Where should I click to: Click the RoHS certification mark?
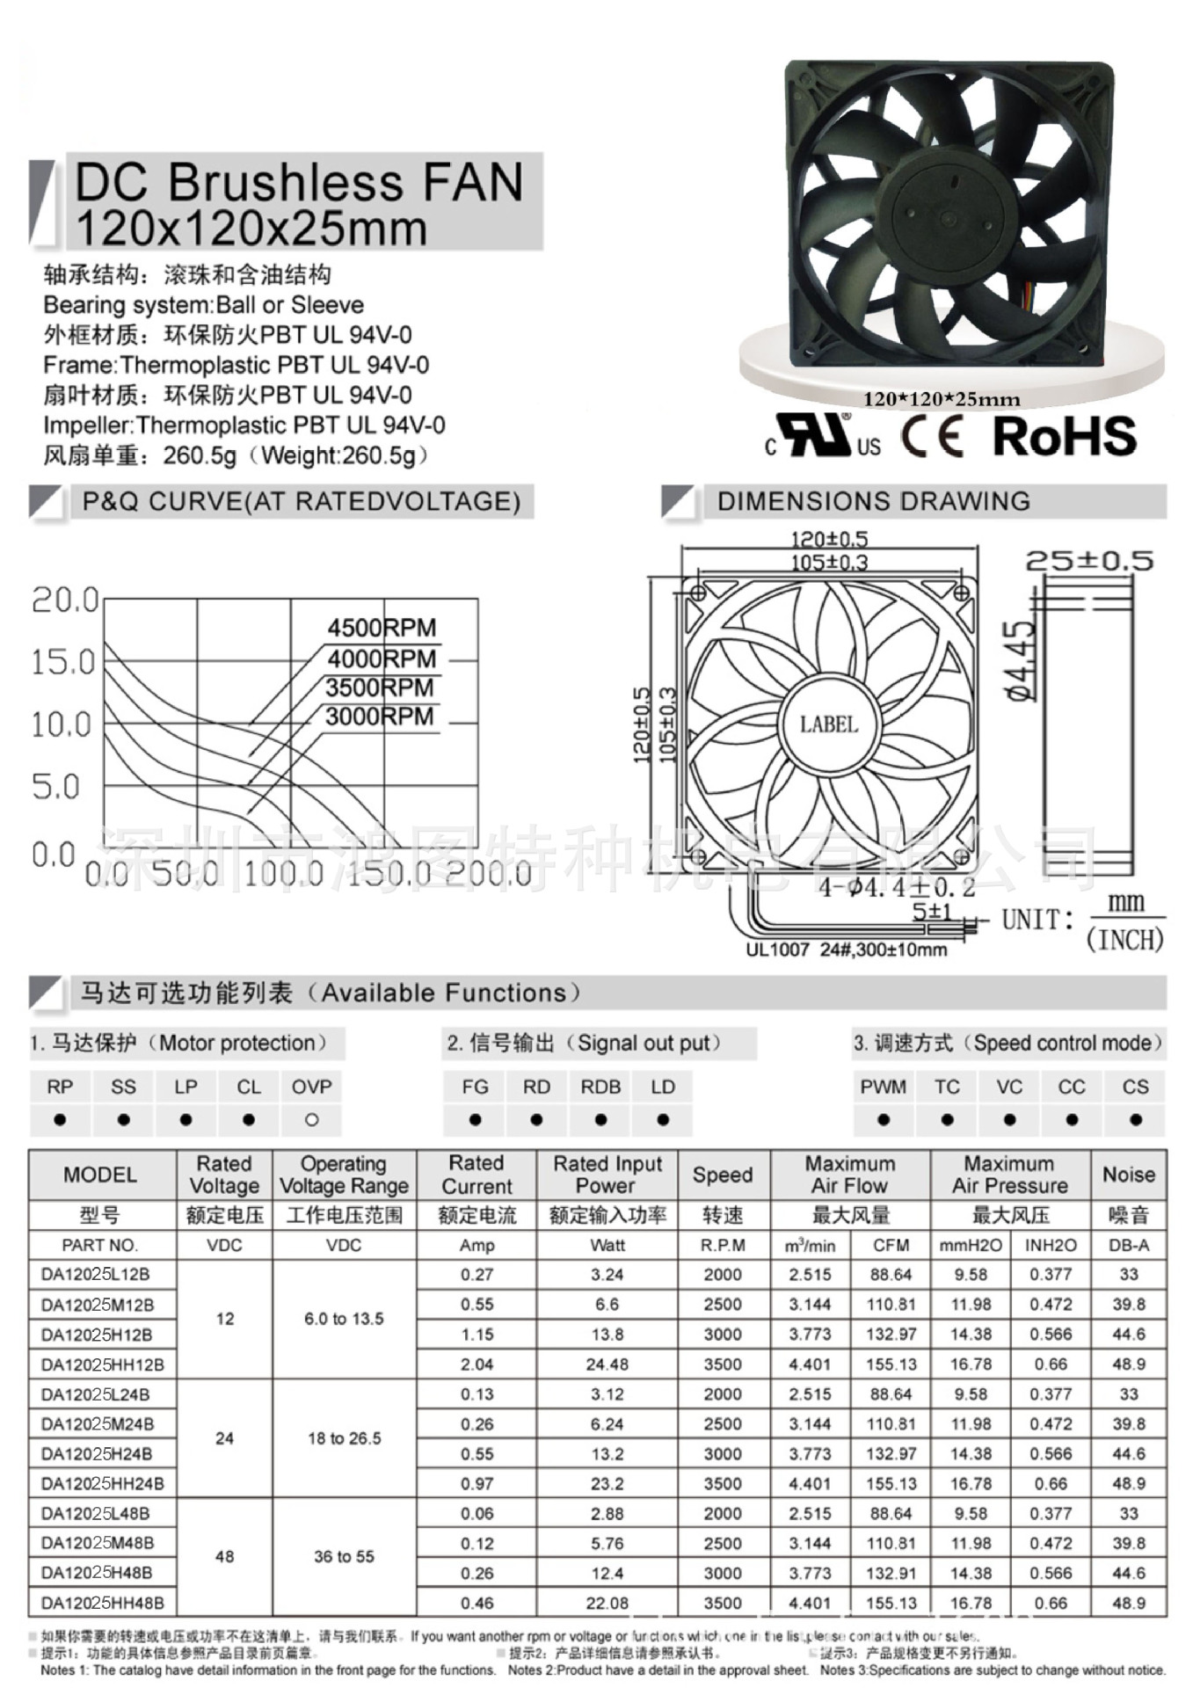click(x=1064, y=436)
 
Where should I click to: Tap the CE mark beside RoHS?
click(x=931, y=436)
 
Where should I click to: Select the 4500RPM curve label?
click(x=382, y=628)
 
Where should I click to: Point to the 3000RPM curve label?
click(x=379, y=717)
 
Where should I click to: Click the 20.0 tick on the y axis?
click(x=65, y=600)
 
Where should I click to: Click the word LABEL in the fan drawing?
click(x=828, y=724)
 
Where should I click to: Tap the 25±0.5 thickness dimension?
click(x=1089, y=560)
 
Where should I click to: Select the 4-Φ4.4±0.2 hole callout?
click(x=897, y=887)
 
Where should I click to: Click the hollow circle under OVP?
click(x=311, y=1120)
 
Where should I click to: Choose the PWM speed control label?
click(x=883, y=1087)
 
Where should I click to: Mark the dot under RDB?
click(x=600, y=1120)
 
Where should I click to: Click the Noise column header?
click(x=1128, y=1175)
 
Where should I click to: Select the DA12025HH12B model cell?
click(x=102, y=1364)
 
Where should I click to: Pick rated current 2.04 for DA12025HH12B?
click(x=476, y=1364)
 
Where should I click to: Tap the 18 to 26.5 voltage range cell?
click(x=344, y=1438)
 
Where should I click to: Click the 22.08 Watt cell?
click(x=607, y=1603)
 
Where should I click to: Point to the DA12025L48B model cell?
click(x=95, y=1513)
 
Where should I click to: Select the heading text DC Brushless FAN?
click(x=299, y=182)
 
